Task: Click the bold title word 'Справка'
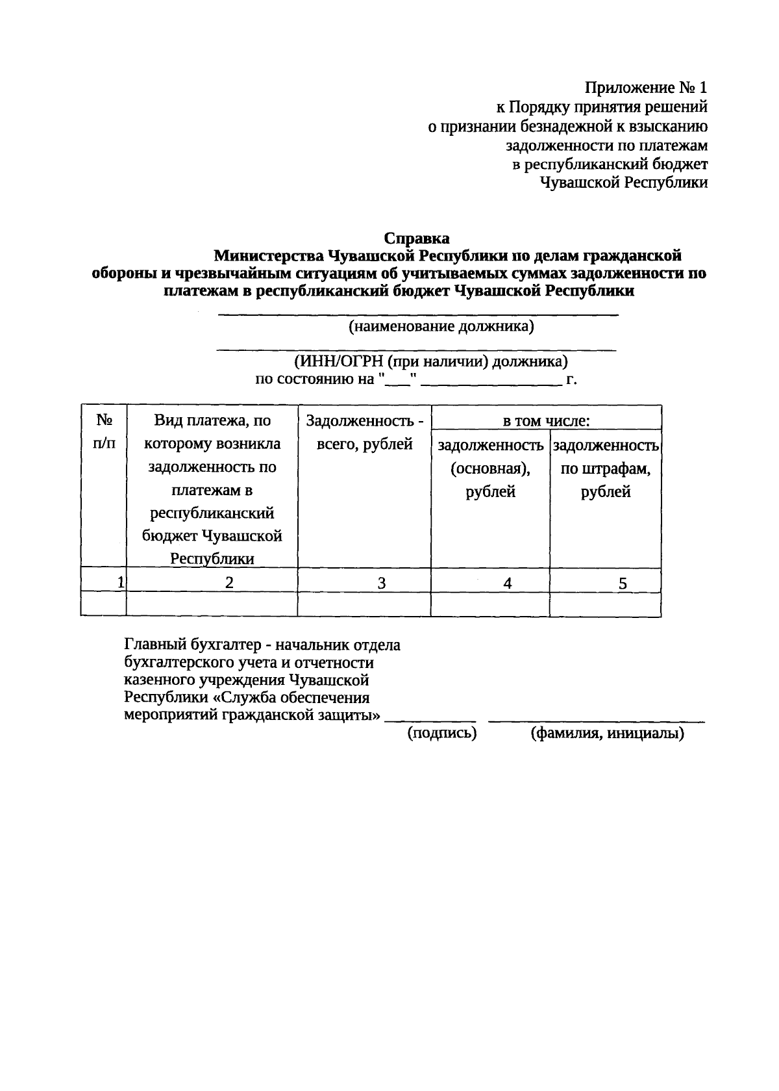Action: pos(417,238)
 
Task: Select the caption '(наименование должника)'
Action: pos(441,326)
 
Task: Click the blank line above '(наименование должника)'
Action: pos(417,314)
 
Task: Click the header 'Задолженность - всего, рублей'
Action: pos(364,432)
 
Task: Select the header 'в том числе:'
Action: pos(546,421)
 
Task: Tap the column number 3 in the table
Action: pos(382,584)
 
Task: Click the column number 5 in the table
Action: pos(623,584)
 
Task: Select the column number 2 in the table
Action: pos(229,582)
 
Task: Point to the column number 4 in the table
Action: pos(508,584)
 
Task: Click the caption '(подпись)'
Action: pos(441,734)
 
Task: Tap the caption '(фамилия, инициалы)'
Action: pos(607,734)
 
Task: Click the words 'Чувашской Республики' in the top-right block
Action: pos(624,183)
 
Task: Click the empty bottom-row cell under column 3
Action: pos(364,604)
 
